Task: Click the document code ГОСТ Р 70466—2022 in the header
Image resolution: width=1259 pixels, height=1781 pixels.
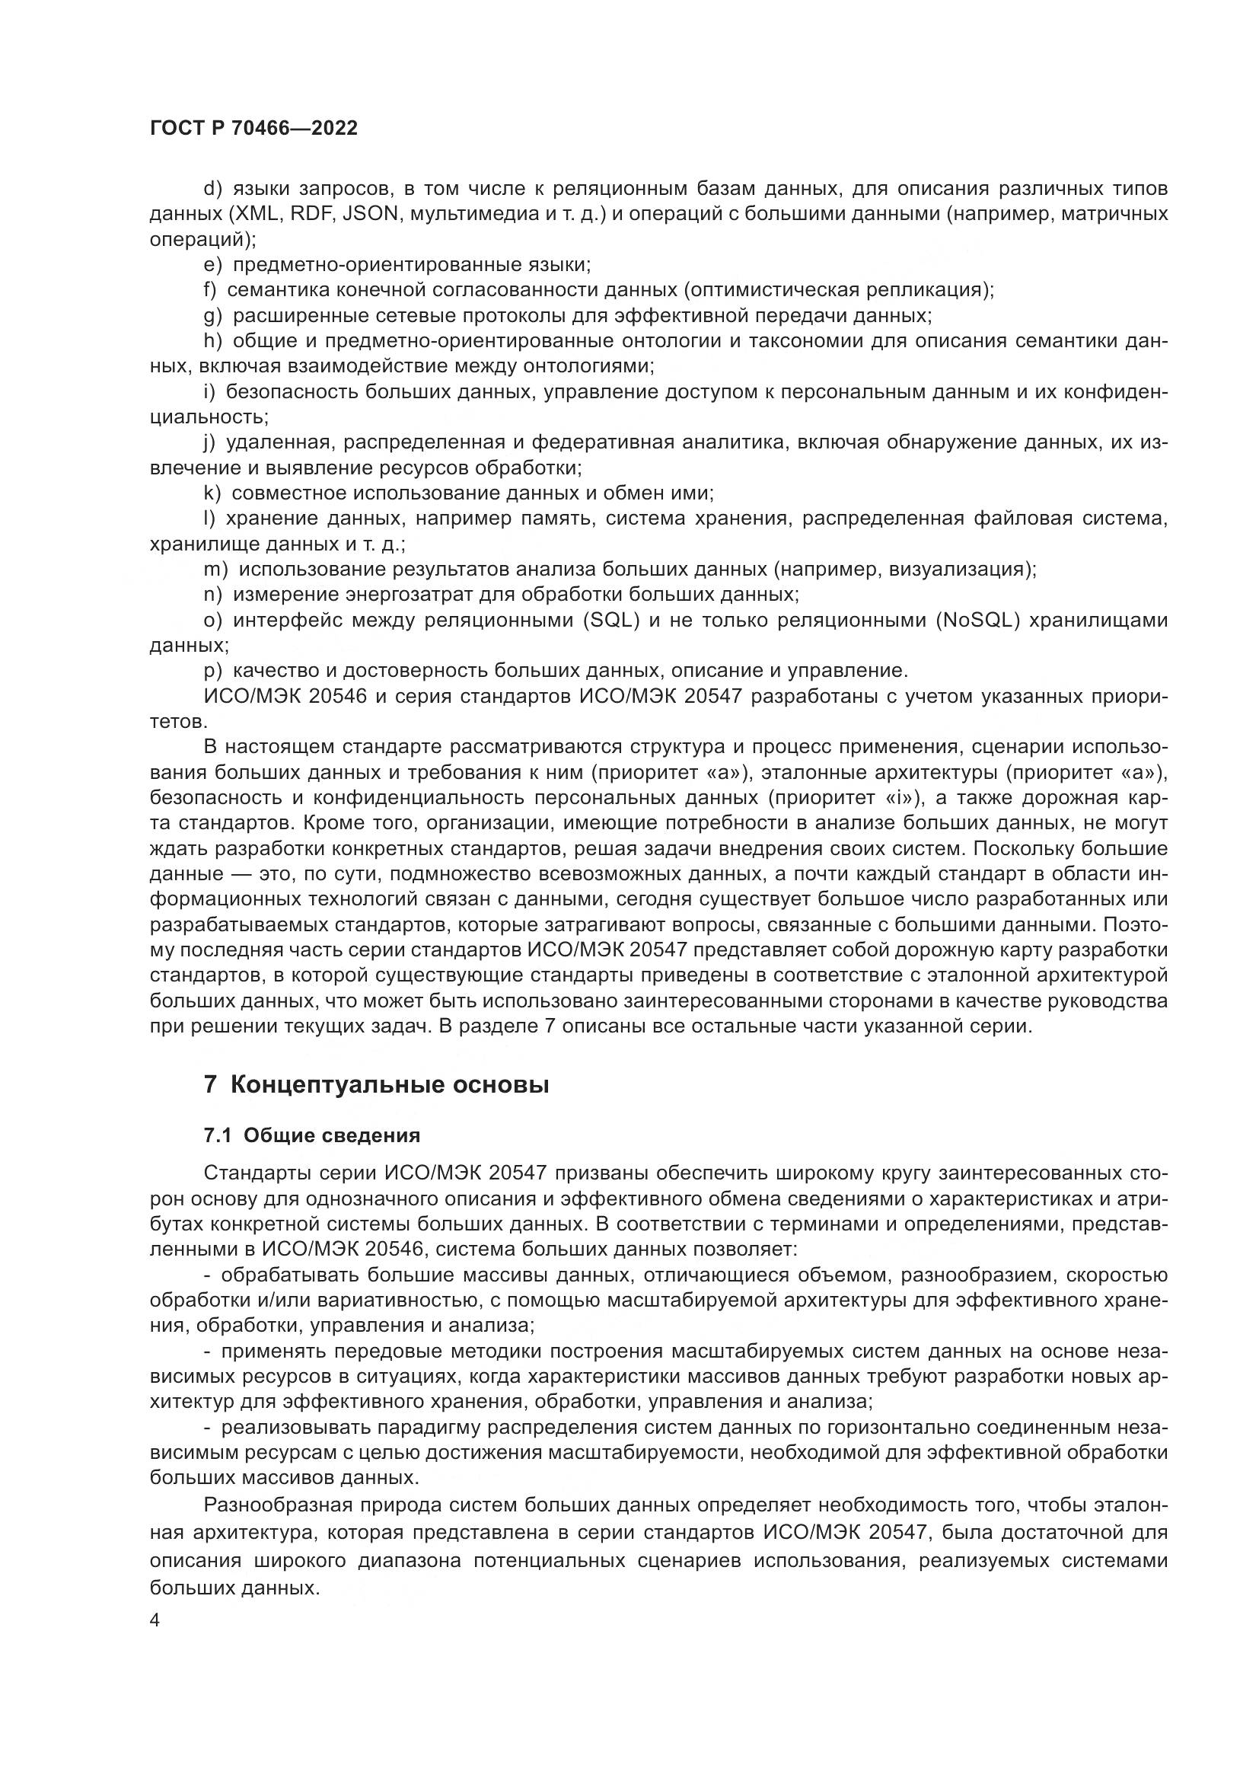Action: click(253, 129)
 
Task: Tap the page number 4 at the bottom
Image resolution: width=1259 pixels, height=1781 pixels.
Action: click(155, 1621)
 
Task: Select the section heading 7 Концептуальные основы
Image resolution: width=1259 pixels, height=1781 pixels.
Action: click(376, 1084)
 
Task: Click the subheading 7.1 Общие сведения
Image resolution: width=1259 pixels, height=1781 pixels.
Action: click(311, 1135)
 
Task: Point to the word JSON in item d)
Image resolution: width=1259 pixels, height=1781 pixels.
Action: click(371, 214)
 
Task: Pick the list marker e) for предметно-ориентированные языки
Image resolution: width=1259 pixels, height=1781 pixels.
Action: click(212, 265)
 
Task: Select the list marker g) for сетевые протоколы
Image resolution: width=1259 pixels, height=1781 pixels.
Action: click(212, 316)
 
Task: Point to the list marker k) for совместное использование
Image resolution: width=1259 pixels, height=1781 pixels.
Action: click(212, 493)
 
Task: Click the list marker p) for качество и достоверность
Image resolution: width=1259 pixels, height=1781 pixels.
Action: click(212, 670)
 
